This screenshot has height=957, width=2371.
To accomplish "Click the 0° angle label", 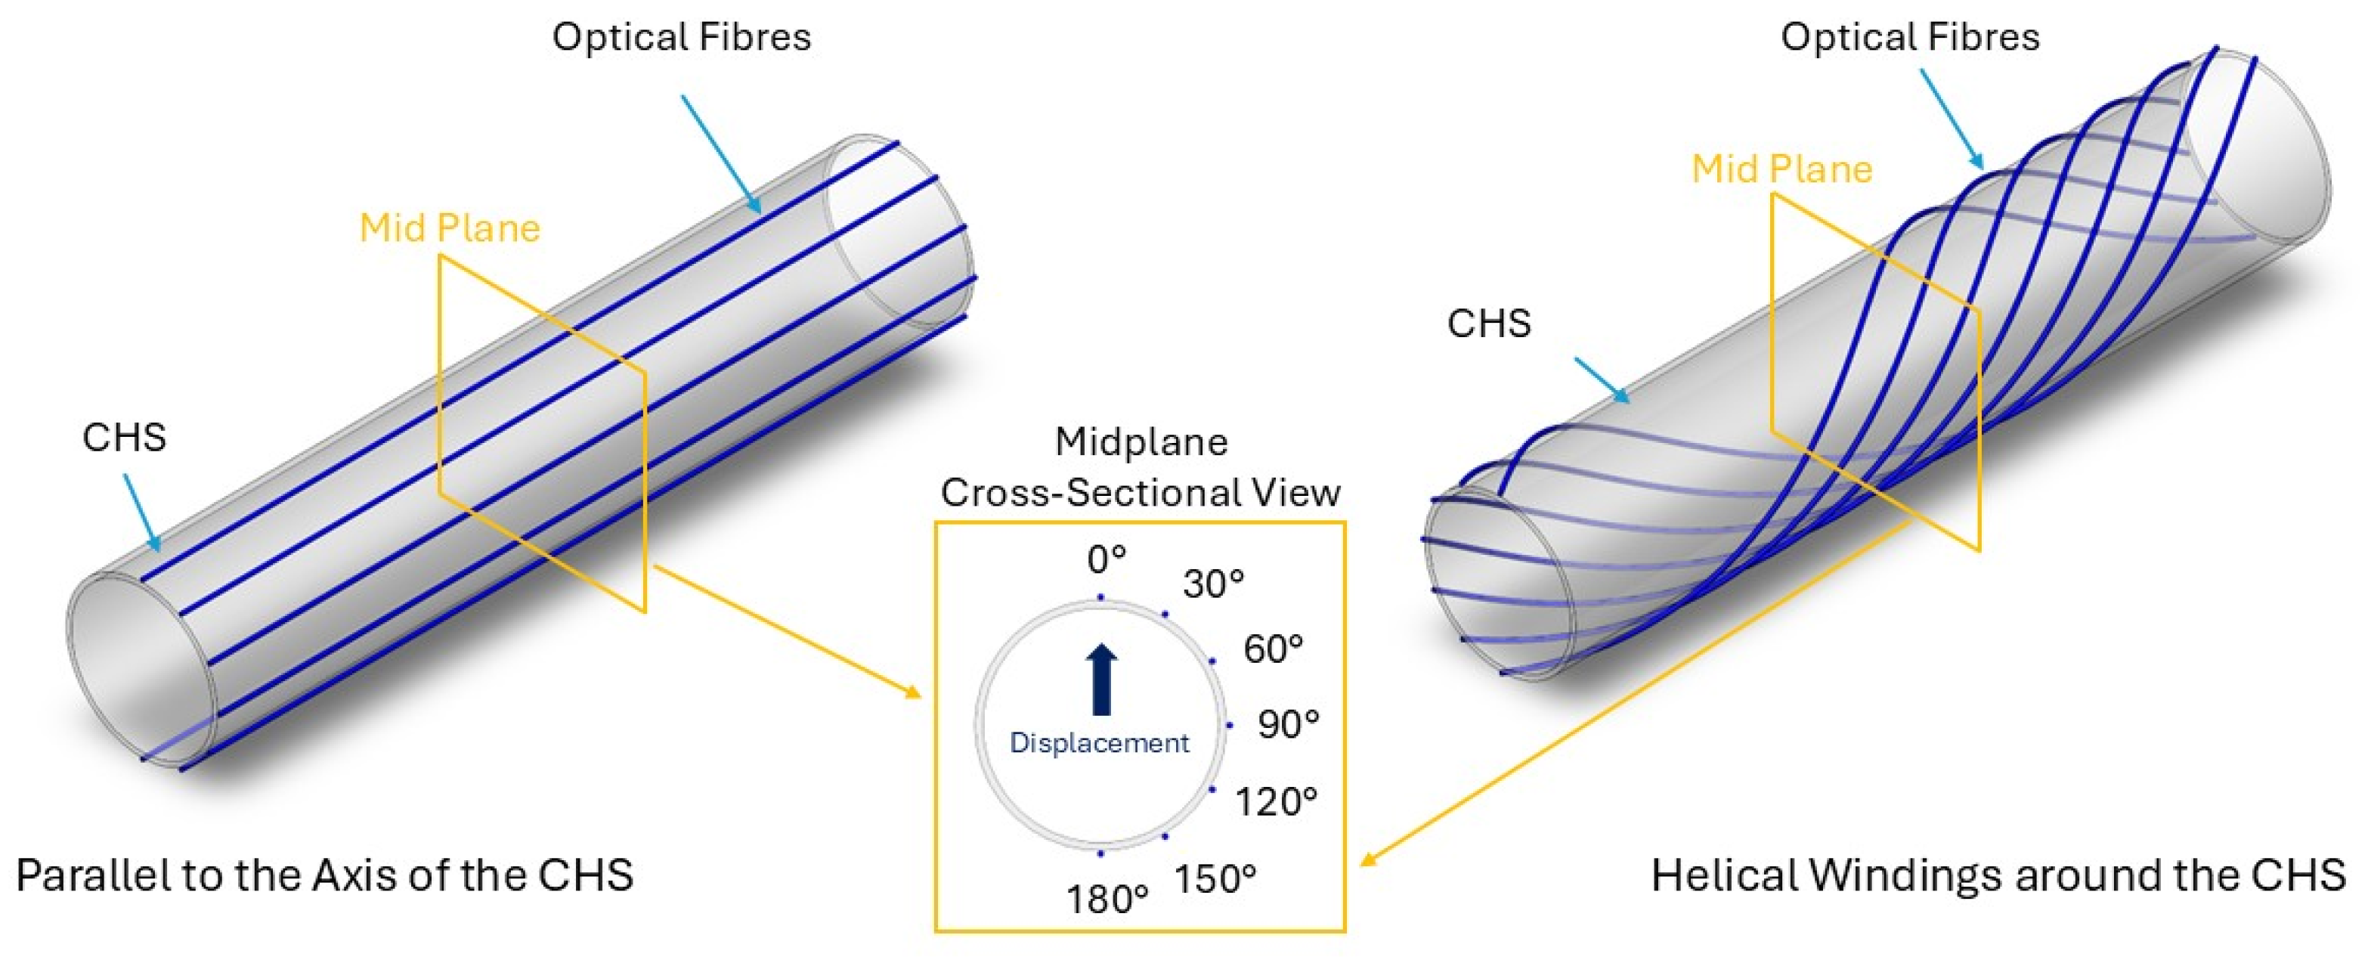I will (x=1106, y=559).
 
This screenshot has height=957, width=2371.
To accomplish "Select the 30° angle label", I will (x=1213, y=584).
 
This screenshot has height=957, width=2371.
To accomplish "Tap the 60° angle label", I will (x=1273, y=649).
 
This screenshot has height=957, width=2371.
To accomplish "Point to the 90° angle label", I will (x=1288, y=724).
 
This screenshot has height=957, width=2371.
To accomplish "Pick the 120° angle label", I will (x=1276, y=801).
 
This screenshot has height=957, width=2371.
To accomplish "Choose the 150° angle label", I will (x=1215, y=879).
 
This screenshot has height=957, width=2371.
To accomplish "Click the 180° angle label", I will (x=1107, y=899).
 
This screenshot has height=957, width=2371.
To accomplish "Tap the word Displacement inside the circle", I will (x=1099, y=742).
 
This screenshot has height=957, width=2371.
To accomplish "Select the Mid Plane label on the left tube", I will (x=449, y=228).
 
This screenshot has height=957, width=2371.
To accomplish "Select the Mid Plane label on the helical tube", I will (x=1782, y=169).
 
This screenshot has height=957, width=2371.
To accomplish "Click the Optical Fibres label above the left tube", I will (x=681, y=37).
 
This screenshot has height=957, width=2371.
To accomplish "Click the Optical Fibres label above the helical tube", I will (x=1910, y=37).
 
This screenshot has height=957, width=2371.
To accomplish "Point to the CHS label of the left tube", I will (x=124, y=437).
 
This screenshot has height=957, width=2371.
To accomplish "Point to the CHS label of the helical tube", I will (x=1488, y=323).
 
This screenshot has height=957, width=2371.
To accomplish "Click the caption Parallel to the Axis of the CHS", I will (x=324, y=875).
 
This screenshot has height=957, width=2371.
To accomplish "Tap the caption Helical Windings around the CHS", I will (x=1998, y=875).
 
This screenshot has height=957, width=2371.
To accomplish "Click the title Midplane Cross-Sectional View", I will (x=1141, y=467).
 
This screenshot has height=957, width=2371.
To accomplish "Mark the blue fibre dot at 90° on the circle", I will (x=1229, y=725).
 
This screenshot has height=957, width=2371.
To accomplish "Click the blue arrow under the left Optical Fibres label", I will (x=721, y=153).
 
